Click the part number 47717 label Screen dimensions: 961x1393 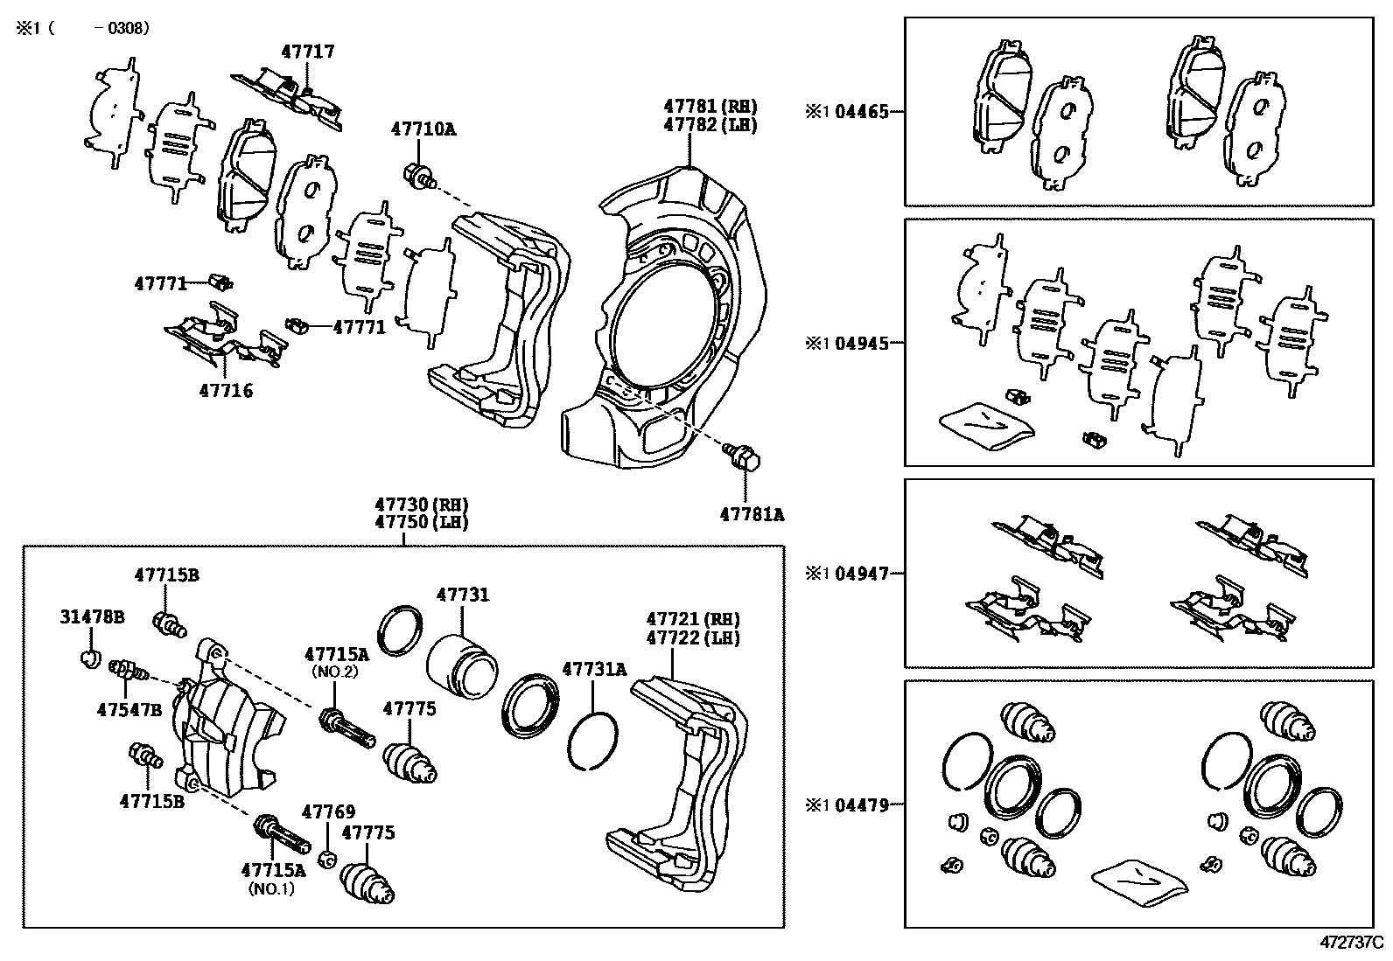(x=307, y=52)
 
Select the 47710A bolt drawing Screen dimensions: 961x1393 (x=417, y=176)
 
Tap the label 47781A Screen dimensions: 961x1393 (x=752, y=514)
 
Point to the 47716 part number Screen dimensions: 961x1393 (x=226, y=391)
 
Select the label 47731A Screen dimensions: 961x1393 (x=594, y=669)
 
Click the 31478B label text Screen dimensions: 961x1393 (x=92, y=616)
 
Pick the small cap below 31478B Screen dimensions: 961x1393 (x=89, y=657)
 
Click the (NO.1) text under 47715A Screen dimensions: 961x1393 (x=272, y=888)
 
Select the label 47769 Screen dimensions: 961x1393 (x=328, y=812)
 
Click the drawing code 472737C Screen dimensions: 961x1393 (x=1351, y=944)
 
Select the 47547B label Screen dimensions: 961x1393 (x=129, y=709)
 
